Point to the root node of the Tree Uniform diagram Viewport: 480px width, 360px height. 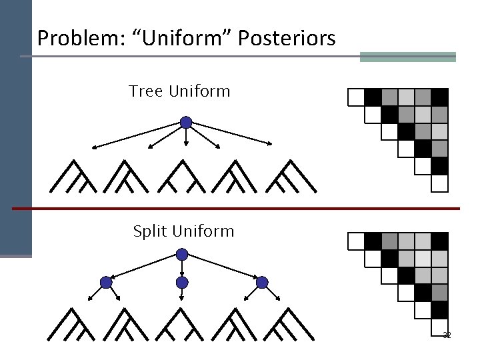pyautogui.click(x=187, y=123)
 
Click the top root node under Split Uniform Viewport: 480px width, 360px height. pyautogui.click(x=182, y=254)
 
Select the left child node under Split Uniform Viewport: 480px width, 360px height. pyautogui.click(x=105, y=282)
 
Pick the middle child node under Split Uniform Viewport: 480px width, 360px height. pyautogui.click(x=182, y=282)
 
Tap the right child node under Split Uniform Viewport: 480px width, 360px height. pyautogui.click(x=262, y=282)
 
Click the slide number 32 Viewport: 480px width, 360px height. pyautogui.click(x=447, y=335)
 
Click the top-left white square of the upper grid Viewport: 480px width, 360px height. pyautogui.click(x=356, y=97)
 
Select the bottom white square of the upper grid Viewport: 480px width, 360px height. pyautogui.click(x=439, y=183)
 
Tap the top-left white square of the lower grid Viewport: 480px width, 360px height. pyautogui.click(x=356, y=241)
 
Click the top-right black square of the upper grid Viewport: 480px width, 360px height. pyautogui.click(x=439, y=97)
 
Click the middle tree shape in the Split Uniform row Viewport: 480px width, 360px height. pyautogui.click(x=183, y=325)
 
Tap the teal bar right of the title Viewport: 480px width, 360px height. pyautogui.click(x=407, y=57)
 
